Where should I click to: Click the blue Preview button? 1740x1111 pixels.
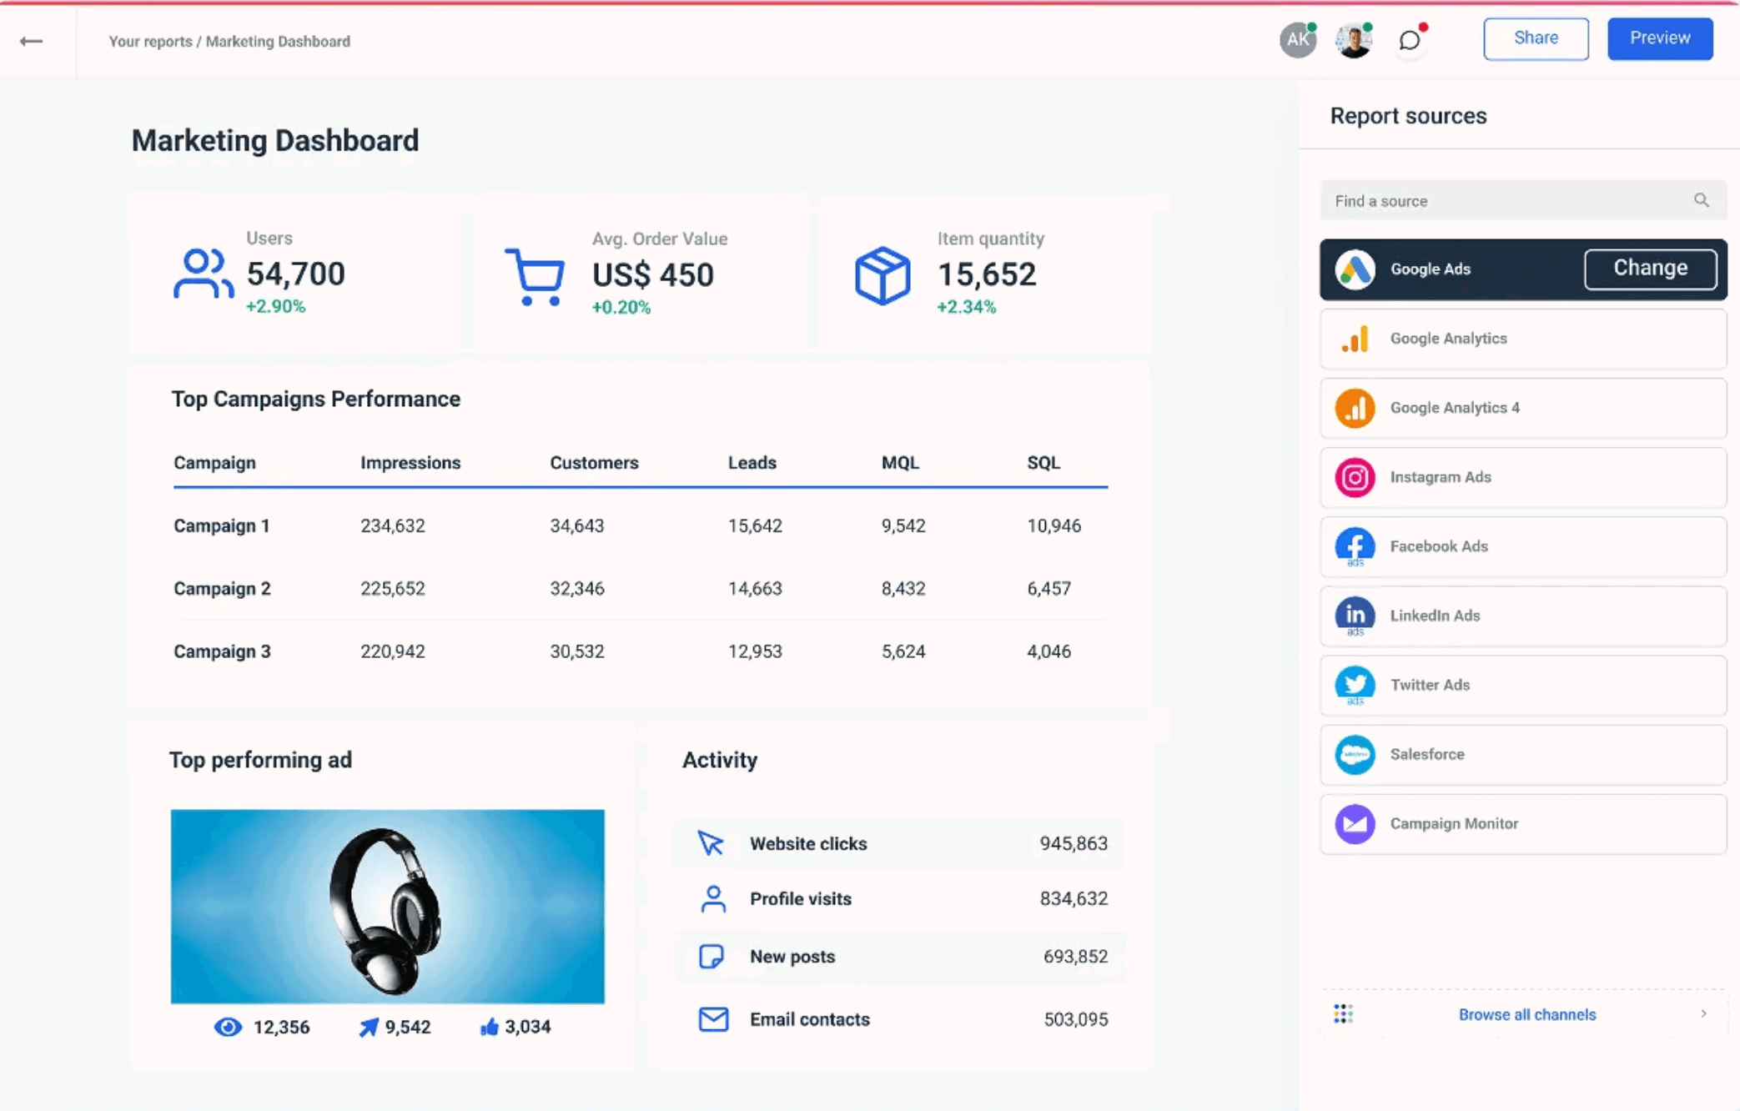click(x=1659, y=38)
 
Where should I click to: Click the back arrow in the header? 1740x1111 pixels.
click(x=32, y=41)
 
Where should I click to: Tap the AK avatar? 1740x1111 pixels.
click(x=1297, y=40)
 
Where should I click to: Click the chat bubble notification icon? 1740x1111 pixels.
click(x=1409, y=40)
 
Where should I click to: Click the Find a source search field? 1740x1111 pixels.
click(x=1510, y=201)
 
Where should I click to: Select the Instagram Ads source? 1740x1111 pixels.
click(x=1522, y=477)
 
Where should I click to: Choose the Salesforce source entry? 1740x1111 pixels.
click(x=1522, y=754)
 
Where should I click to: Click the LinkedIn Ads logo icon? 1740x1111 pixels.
click(x=1355, y=616)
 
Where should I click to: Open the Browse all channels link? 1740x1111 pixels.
click(x=1526, y=1014)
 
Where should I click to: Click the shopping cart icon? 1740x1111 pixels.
click(x=536, y=277)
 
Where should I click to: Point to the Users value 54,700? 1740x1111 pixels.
click(x=295, y=274)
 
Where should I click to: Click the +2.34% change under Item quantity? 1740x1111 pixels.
click(x=966, y=307)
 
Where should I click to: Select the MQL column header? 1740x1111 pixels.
click(x=899, y=463)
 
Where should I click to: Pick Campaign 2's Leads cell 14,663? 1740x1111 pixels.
click(x=754, y=589)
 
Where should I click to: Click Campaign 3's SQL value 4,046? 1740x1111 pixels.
click(x=1048, y=651)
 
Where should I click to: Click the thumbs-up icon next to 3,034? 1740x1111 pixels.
click(x=490, y=1027)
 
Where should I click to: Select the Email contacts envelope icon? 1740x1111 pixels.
click(x=713, y=1019)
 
